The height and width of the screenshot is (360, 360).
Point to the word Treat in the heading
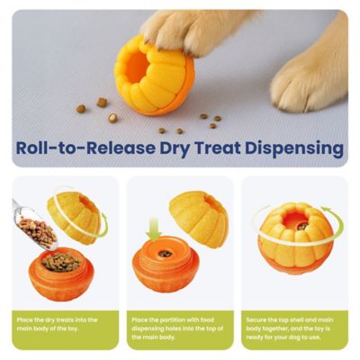pyautogui.click(x=213, y=148)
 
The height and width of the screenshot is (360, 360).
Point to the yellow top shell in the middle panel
pyautogui.click(x=199, y=217)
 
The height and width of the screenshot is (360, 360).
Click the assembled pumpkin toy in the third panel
pyautogui.click(x=295, y=238)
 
